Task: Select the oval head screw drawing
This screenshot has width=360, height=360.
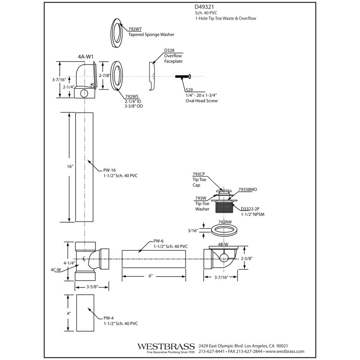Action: coord(183,76)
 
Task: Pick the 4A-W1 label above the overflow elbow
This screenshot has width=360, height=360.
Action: coord(85,57)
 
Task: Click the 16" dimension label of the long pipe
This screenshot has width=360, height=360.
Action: coord(70,166)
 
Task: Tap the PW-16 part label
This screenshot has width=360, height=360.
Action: coord(109,170)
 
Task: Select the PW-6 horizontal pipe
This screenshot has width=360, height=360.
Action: coord(153,259)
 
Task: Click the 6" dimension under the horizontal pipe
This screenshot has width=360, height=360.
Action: coord(150,276)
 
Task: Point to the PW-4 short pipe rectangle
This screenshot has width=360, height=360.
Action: coord(85,313)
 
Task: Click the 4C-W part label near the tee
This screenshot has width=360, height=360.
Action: coord(56,270)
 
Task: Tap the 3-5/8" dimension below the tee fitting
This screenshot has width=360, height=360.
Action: coord(92,287)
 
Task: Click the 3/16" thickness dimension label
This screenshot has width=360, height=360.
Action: coord(193,230)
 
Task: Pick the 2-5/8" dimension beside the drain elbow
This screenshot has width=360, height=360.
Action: coord(247,258)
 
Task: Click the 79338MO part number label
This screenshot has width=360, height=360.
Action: coord(248,189)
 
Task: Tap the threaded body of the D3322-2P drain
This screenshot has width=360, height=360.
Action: coord(224,207)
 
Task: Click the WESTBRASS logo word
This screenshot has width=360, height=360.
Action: coord(166,346)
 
